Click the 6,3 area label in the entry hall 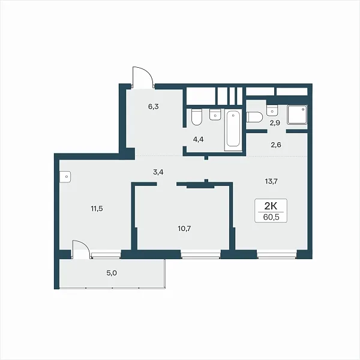pos(154,107)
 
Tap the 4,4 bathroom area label pos(198,139)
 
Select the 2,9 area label pos(275,123)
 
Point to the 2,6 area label pos(276,145)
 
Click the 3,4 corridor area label pos(158,172)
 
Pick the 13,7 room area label pos(271,181)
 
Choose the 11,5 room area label pos(97,209)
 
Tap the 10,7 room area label pos(184,229)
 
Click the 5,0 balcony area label pos(112,273)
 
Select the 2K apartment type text pos(271,206)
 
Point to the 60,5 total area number pos(271,217)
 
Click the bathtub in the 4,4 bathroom pos(233,130)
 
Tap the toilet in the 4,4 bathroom pos(197,117)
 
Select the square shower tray pos(297,115)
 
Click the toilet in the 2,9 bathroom pos(254,118)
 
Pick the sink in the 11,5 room pos(65,176)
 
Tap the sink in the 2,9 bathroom pos(272,110)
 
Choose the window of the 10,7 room pos(200,254)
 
